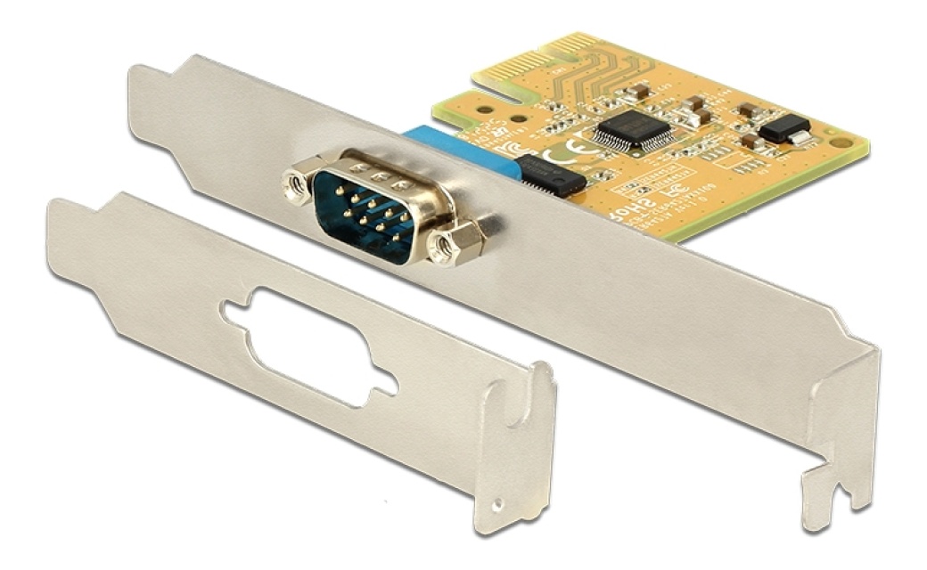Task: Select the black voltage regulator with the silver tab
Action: click(x=785, y=130)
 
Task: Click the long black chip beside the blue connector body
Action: click(x=551, y=175)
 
